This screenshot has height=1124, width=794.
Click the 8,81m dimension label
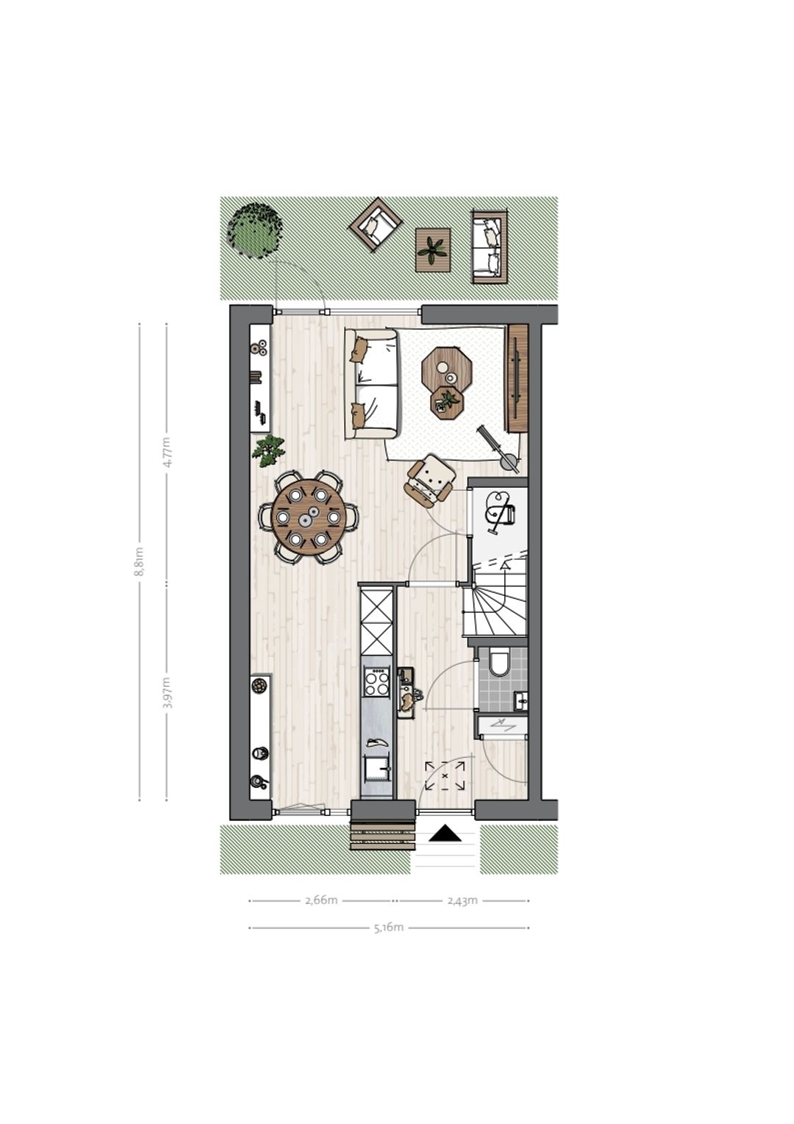[x=140, y=561]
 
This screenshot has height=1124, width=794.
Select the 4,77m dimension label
[x=167, y=452]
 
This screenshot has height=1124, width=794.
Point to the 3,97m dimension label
[x=167, y=692]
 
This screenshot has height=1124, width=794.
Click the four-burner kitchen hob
[x=376, y=682]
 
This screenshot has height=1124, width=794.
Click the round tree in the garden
[x=255, y=230]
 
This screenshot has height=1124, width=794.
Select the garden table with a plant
[x=433, y=250]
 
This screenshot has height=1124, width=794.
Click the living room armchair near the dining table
[x=430, y=481]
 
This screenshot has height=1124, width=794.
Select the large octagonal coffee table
[x=448, y=367]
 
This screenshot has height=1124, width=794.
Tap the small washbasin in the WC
[x=521, y=700]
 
